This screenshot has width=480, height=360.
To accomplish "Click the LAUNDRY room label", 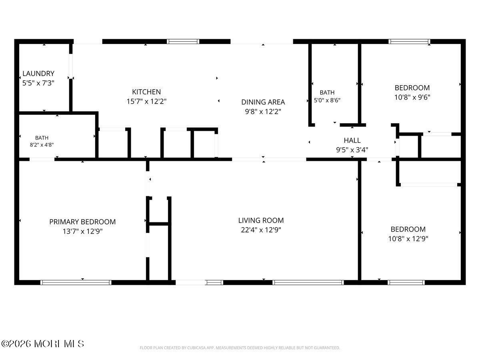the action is tap(38, 74).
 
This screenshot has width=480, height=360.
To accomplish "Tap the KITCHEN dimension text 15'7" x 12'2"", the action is tap(146, 102).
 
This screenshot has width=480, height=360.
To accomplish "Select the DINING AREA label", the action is tap(263, 102).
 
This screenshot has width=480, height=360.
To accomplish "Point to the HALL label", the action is tap(352, 140).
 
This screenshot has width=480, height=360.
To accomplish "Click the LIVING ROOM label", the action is tap(261, 220).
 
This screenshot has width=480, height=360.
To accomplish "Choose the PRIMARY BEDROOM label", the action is tap(82, 222).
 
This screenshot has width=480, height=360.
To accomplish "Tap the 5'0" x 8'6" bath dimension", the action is tap(327, 100).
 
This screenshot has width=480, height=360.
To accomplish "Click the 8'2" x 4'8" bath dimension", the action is tap(42, 145).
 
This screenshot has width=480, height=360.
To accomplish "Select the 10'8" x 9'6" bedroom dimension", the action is tap(412, 97).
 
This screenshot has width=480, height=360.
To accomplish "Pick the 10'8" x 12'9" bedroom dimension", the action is tap(408, 239).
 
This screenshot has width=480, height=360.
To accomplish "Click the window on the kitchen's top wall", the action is tap(183, 42).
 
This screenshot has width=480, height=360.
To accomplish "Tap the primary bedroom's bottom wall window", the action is tap(76, 282).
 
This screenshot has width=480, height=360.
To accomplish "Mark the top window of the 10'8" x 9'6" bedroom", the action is tap(409, 42).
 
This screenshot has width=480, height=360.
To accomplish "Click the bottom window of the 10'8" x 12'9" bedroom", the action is tap(406, 282).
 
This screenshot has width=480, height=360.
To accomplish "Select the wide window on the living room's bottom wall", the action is tap(308, 282).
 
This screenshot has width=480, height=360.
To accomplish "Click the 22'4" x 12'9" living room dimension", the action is tap(261, 230).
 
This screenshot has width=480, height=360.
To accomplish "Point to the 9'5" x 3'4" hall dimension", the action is tap(352, 150).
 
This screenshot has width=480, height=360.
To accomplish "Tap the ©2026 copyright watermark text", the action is tap(43, 344).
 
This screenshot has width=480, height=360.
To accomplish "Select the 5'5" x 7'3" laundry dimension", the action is tap(38, 83).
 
